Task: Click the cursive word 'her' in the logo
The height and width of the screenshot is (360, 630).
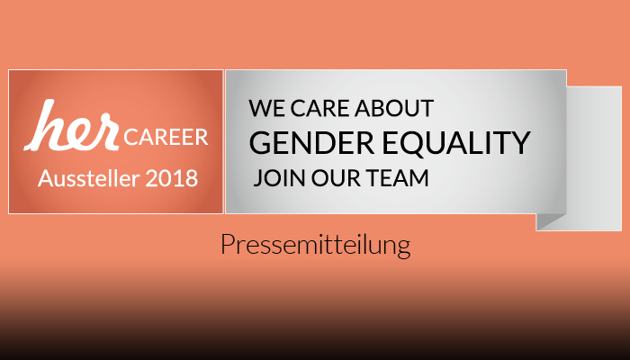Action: (x=71, y=125)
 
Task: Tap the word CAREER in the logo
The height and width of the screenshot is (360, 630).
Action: (x=166, y=138)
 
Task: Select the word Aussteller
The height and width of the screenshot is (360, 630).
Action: (x=89, y=178)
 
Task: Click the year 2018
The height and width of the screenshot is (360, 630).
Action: (x=172, y=178)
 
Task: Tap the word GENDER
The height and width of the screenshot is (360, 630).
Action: (x=311, y=143)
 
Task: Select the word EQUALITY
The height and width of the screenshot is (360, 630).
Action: (x=456, y=143)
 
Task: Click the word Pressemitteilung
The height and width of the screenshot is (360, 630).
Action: (x=316, y=245)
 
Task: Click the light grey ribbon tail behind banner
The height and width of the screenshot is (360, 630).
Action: (x=594, y=158)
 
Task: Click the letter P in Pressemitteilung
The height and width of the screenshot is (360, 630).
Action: (x=228, y=244)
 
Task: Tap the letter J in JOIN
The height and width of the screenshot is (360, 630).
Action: (x=257, y=178)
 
